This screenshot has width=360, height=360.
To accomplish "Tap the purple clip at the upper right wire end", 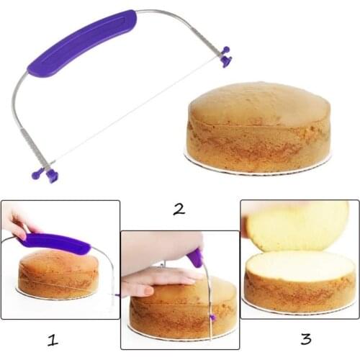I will [x=226, y=57].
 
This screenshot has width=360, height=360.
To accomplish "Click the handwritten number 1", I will [x=52, y=338].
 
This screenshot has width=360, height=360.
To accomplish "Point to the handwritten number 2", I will [x=179, y=209].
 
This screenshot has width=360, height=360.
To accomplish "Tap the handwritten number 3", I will [x=305, y=338].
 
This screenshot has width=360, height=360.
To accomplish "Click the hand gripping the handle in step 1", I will [x=16, y=223].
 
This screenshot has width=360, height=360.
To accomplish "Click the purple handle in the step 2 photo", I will [x=195, y=258].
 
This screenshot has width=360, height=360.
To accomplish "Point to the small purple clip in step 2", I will [x=212, y=317].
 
